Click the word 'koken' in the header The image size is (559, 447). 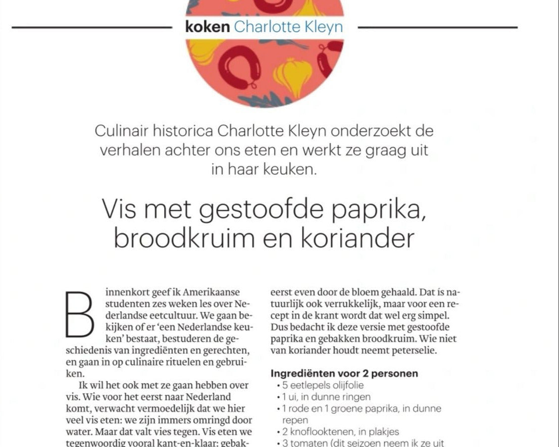pyautogui.click(x=207, y=27)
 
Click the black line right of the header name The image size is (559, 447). pyautogui.click(x=437, y=27)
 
